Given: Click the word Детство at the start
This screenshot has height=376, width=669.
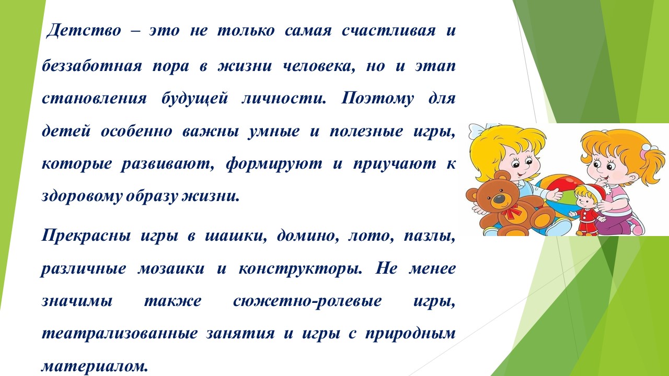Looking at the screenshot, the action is (x=84, y=31).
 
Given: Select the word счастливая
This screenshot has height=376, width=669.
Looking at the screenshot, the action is (x=388, y=31).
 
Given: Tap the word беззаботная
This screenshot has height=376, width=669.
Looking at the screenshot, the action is (x=91, y=65).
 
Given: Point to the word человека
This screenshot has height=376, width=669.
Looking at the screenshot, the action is (x=319, y=66).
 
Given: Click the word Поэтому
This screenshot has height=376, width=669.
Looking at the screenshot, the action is (x=377, y=99).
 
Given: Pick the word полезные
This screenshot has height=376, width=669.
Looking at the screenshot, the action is (x=366, y=132).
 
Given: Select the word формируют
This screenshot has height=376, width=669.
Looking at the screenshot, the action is (x=274, y=164).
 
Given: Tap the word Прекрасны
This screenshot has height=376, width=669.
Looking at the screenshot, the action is (x=86, y=236).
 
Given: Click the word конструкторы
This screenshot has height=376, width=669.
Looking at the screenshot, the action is (x=301, y=269).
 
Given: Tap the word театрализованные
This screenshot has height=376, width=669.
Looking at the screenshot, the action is (x=120, y=334).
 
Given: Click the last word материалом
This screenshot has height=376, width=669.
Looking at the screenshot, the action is (x=95, y=366).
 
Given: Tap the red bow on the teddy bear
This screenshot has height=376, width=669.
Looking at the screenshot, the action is (x=511, y=210).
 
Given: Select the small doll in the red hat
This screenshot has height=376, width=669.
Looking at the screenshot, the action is (x=587, y=209).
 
